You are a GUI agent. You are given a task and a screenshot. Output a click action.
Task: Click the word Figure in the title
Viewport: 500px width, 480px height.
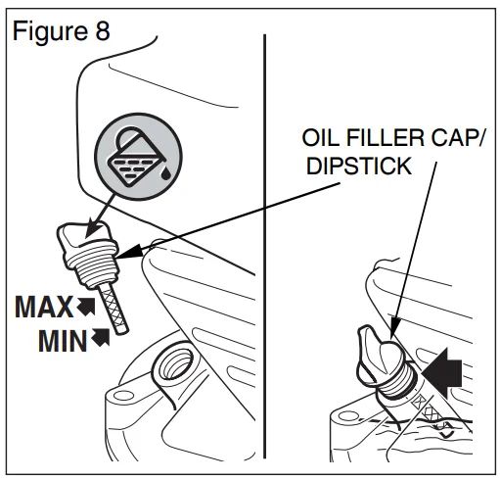tap(50, 31)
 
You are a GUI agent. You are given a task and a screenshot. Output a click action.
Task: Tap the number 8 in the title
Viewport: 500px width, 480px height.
tap(103, 31)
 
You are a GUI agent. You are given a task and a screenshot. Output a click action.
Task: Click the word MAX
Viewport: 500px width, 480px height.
tap(44, 307)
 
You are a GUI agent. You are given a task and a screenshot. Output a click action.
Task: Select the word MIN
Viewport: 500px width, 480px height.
tap(63, 341)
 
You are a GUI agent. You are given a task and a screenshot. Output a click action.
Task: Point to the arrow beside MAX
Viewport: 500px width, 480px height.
tap(86, 307)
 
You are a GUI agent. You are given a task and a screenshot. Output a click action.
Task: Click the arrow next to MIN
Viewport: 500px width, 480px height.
tap(101, 337)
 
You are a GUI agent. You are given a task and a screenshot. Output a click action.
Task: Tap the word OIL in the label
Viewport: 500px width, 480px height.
tap(321, 137)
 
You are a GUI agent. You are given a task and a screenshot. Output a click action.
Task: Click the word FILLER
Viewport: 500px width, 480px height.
tap(386, 137)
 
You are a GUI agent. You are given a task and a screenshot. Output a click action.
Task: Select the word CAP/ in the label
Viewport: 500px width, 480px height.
tap(458, 137)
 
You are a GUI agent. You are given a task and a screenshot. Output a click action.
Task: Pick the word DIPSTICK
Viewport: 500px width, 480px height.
tap(359, 166)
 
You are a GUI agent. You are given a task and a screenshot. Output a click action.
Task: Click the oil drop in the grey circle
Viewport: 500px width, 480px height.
tap(165, 173)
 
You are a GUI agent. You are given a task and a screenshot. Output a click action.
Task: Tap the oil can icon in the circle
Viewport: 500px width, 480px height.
tap(136, 158)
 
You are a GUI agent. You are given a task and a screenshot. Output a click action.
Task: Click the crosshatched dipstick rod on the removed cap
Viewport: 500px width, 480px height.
tap(114, 308)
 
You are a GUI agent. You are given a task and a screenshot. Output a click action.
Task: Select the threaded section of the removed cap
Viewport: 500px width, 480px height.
tap(92, 264)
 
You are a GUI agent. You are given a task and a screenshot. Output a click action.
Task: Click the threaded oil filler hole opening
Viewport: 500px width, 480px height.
tap(174, 363)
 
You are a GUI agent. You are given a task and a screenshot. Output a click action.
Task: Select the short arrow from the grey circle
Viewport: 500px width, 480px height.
tap(100, 216)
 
